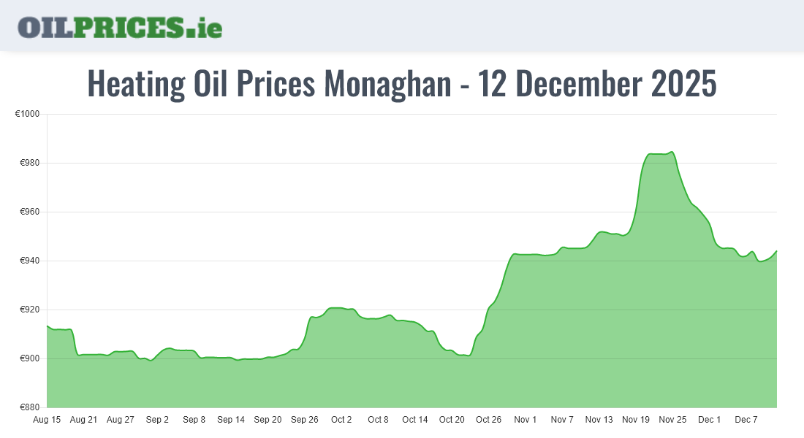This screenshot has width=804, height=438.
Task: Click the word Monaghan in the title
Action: (387, 85)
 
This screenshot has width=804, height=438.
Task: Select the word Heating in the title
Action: (137, 85)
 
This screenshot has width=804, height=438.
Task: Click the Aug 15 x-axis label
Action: (47, 420)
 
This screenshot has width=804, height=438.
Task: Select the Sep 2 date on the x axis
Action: (157, 420)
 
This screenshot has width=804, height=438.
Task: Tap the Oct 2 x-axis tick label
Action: (341, 420)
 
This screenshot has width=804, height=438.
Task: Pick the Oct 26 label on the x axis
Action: (488, 420)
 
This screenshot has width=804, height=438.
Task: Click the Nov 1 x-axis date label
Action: (526, 420)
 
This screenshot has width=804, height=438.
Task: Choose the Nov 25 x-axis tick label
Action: (672, 420)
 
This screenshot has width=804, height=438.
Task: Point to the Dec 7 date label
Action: (746, 420)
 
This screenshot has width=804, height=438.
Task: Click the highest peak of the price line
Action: (672, 152)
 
